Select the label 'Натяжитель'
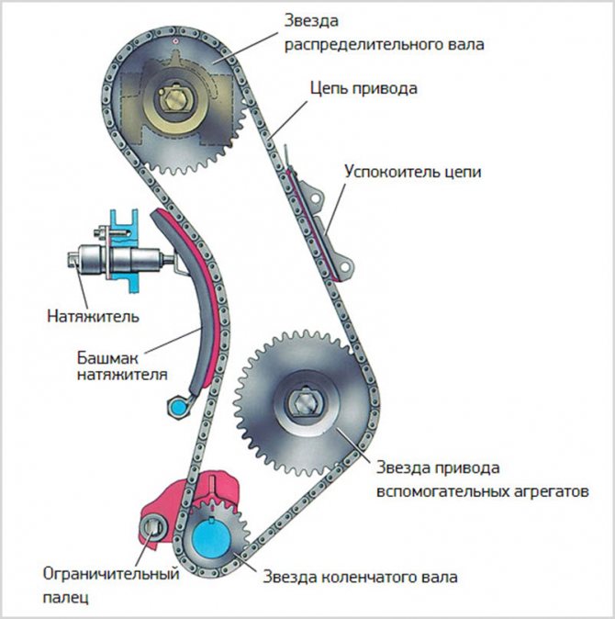[93, 318]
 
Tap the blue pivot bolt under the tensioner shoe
[175, 404]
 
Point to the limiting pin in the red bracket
[152, 528]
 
